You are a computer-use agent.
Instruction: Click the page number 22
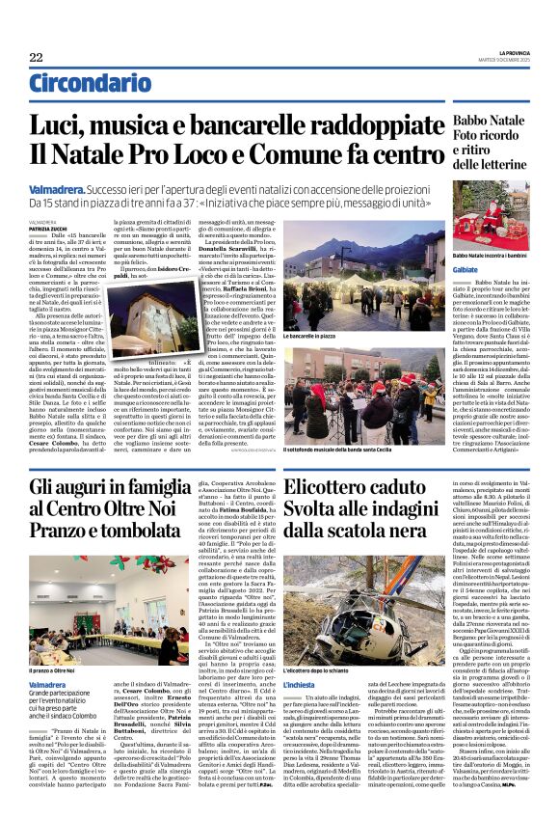pos(36,58)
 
